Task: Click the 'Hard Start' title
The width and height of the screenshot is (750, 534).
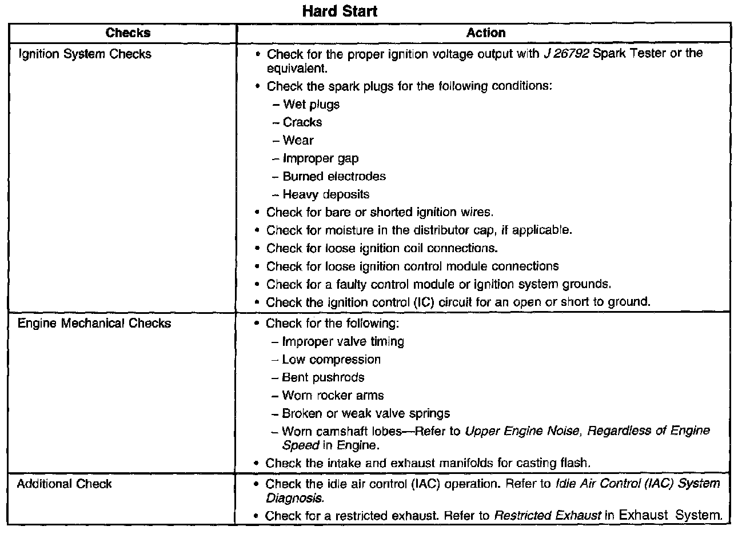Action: point(340,11)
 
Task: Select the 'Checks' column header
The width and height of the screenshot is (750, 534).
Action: point(128,33)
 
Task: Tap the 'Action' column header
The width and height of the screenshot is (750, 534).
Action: point(486,33)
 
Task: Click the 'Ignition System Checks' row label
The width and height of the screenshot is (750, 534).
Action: point(85,54)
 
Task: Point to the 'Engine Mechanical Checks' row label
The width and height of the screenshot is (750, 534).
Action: point(94,324)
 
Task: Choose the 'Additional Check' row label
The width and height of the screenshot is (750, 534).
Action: point(65,484)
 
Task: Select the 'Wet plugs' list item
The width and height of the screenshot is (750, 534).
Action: point(311,105)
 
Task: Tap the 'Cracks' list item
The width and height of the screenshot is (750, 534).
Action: point(302,122)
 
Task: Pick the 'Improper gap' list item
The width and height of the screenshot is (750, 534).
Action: point(321,158)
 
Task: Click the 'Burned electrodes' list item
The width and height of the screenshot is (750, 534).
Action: point(334,177)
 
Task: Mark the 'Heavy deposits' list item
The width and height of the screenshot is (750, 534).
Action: point(326,194)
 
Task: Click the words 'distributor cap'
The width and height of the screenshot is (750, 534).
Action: point(465,230)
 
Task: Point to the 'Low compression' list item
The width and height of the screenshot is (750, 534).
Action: point(331,360)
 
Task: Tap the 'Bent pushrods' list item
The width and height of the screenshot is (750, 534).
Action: point(323,378)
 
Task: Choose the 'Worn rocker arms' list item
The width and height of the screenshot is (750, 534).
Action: point(333,396)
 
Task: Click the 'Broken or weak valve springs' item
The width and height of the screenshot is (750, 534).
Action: point(366,413)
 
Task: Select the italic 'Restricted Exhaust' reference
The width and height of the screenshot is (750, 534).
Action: point(547,516)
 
